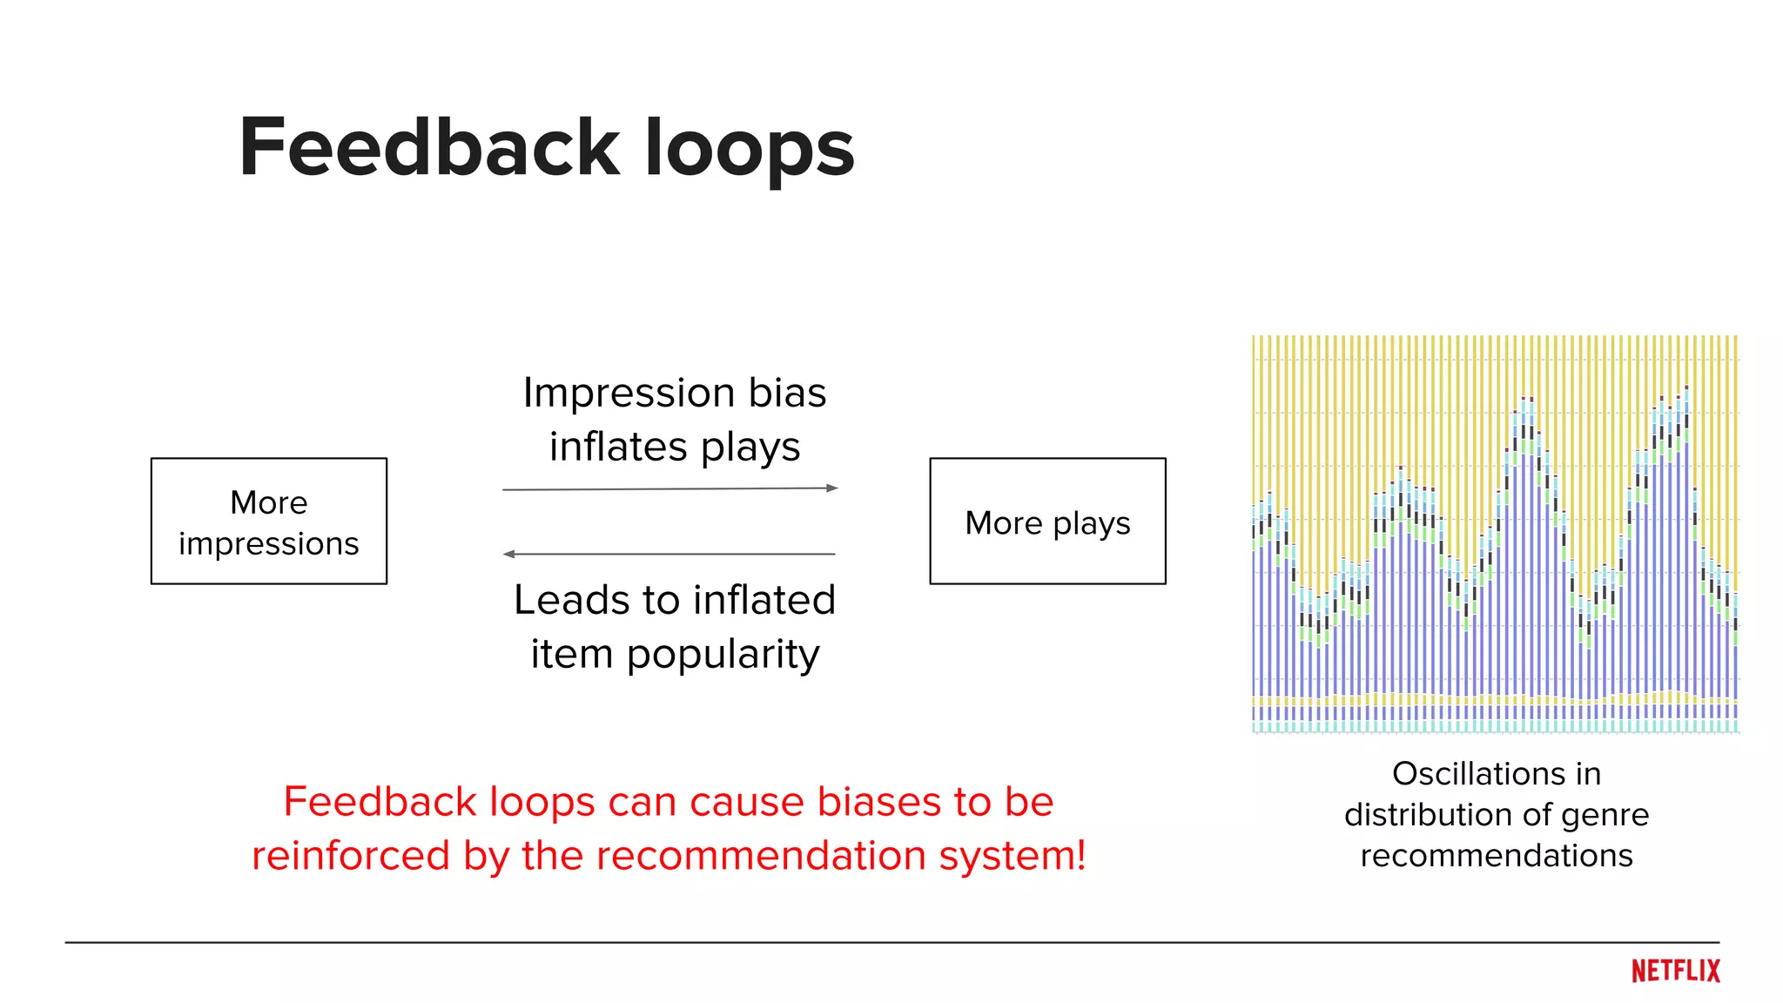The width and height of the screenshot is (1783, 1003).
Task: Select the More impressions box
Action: (268, 521)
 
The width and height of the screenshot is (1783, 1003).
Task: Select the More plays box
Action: (1047, 521)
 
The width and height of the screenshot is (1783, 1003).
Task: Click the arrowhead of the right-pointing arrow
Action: (831, 488)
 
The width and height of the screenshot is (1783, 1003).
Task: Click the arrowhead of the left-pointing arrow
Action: (509, 554)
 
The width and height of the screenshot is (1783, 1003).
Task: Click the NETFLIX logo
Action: (1675, 971)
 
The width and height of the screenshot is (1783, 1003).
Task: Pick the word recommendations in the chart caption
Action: (1496, 856)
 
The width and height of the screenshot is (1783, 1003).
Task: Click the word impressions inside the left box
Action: (268, 543)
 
